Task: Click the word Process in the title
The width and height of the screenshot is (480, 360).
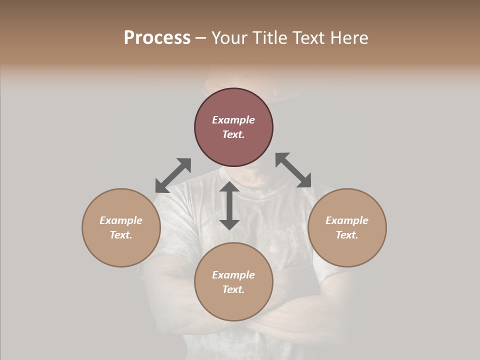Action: click(157, 37)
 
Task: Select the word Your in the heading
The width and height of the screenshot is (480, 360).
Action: click(228, 37)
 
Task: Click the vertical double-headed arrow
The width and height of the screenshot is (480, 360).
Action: click(229, 205)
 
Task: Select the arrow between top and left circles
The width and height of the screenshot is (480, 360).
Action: click(173, 175)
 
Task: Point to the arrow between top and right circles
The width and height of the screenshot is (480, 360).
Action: click(293, 170)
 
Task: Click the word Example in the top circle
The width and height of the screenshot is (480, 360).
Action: click(233, 120)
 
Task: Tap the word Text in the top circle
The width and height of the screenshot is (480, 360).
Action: click(233, 134)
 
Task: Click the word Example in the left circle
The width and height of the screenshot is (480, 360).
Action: click(121, 220)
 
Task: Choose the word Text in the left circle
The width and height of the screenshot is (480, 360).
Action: click(121, 235)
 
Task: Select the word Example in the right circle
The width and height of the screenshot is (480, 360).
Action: click(347, 220)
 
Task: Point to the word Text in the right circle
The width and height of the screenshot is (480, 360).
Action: click(347, 235)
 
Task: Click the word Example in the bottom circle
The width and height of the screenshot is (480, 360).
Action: click(233, 275)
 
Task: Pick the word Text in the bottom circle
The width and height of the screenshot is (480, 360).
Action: click(233, 289)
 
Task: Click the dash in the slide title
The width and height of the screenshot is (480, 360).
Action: click(200, 38)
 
